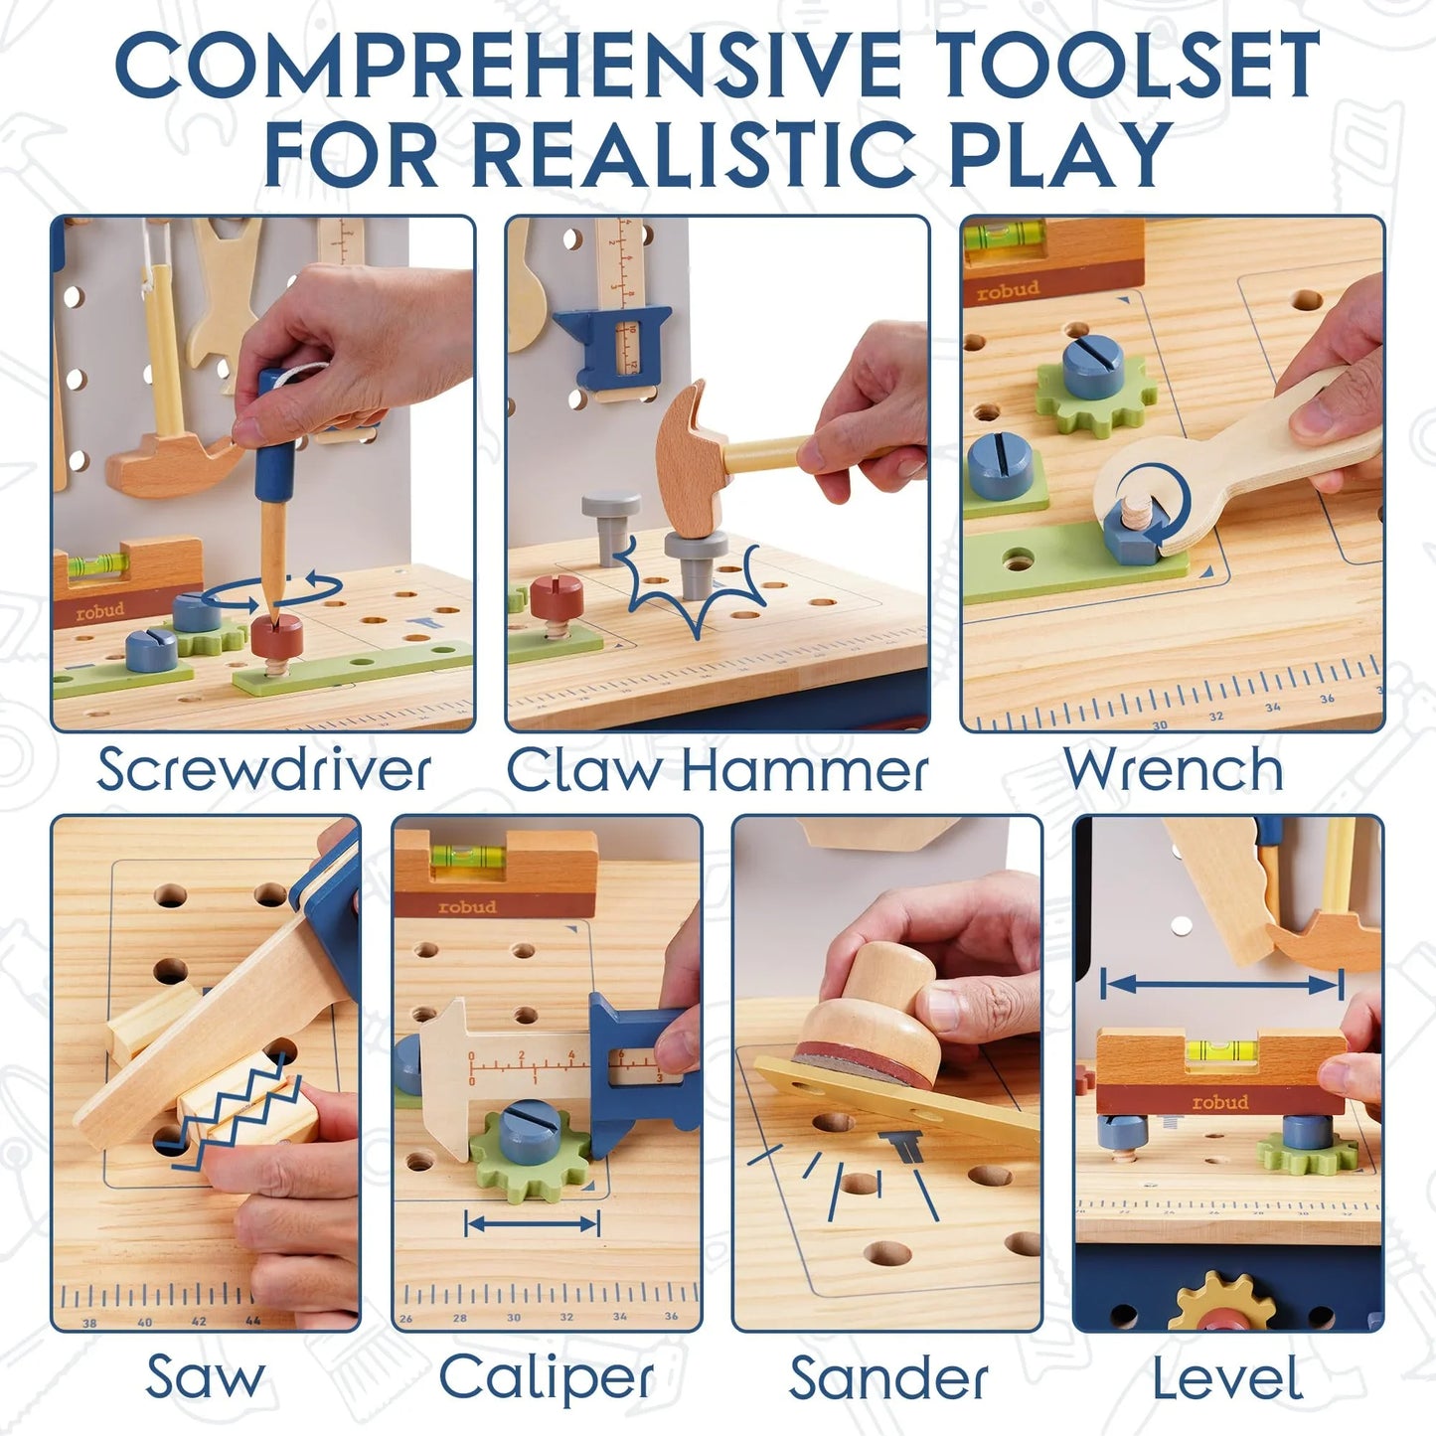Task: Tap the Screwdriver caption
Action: pos(263,771)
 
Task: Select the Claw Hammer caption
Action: pos(718,771)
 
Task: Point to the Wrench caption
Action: pos(1173,770)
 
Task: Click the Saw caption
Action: pos(205,1377)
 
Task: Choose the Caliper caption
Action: pos(547,1378)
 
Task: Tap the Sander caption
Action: pos(888,1378)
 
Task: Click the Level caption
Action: pos(1227,1378)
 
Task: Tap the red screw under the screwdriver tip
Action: pos(276,636)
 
